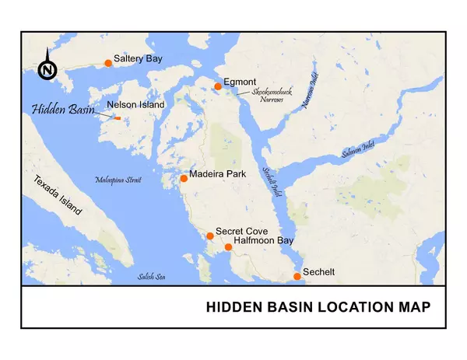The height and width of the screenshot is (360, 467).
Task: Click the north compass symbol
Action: tap(47, 69)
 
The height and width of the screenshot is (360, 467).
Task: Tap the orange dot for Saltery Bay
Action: tap(108, 63)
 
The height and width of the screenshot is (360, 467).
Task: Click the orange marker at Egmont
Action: tap(218, 86)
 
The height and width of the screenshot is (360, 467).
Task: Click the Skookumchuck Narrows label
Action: tap(267, 96)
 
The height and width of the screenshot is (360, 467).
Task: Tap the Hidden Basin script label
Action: tap(62, 110)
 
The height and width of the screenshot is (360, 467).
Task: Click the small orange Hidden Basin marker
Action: tap(117, 119)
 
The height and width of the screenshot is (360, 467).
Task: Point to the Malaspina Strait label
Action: tap(118, 180)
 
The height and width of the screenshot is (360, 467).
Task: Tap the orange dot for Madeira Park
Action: tap(183, 178)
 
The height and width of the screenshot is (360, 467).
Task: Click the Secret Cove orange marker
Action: tap(209, 236)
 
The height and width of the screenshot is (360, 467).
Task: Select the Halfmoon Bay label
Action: tap(264, 241)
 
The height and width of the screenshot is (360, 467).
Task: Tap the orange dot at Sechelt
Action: tap(297, 276)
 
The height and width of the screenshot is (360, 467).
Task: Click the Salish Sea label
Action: tap(152, 277)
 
